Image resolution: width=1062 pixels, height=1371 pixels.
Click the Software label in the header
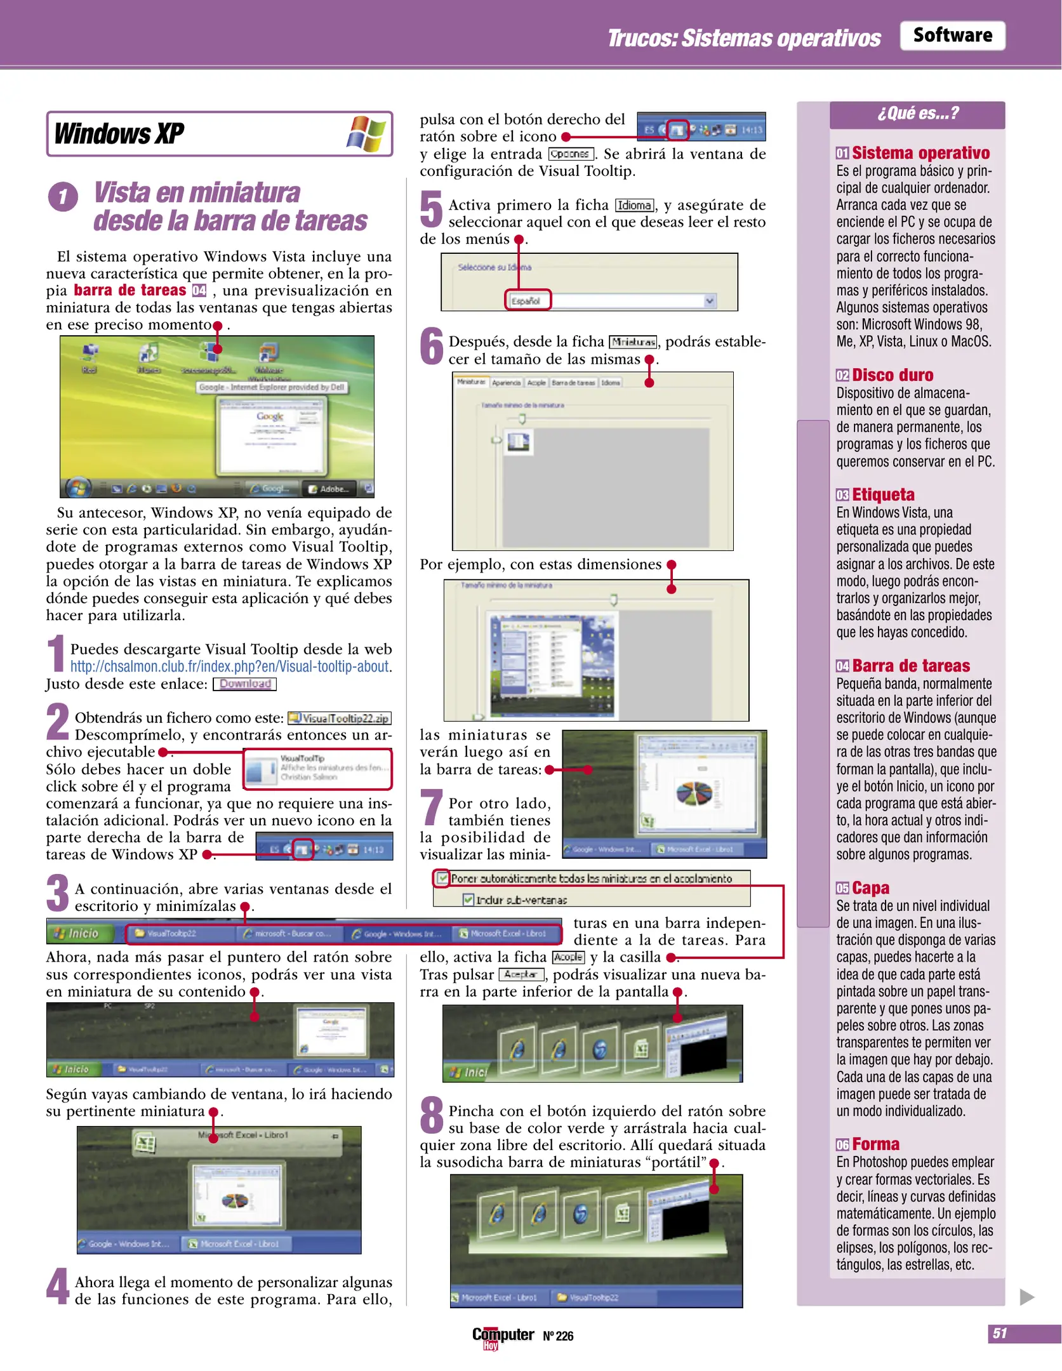click(x=952, y=36)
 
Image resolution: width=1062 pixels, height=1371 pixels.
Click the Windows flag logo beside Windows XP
click(x=366, y=133)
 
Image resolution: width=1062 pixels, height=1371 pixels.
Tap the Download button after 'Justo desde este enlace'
click(x=244, y=684)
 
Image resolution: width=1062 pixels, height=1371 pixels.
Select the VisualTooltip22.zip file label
click(x=340, y=718)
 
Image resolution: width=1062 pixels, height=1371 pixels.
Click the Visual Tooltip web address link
click(x=229, y=666)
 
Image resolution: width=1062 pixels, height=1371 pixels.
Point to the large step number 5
click(x=431, y=209)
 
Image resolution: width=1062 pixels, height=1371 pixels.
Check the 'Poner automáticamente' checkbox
click(x=442, y=878)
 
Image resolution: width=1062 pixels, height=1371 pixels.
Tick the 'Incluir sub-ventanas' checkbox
click(x=468, y=899)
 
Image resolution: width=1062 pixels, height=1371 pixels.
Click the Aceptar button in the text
click(x=521, y=974)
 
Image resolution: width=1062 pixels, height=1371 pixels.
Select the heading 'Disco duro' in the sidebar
click(x=892, y=375)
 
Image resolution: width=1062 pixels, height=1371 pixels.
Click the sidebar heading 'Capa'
click(x=870, y=888)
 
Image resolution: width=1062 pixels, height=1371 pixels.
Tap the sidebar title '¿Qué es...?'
click(x=917, y=114)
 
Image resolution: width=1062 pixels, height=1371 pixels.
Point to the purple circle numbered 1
click(x=63, y=197)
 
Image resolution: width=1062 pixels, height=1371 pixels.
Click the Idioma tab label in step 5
click(x=634, y=206)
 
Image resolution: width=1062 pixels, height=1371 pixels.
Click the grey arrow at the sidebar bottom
click(x=1026, y=1296)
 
